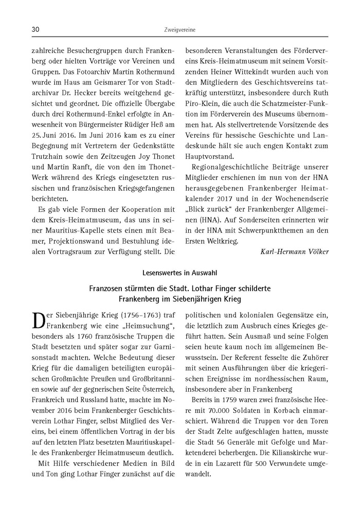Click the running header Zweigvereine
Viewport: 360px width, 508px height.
[179, 30]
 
